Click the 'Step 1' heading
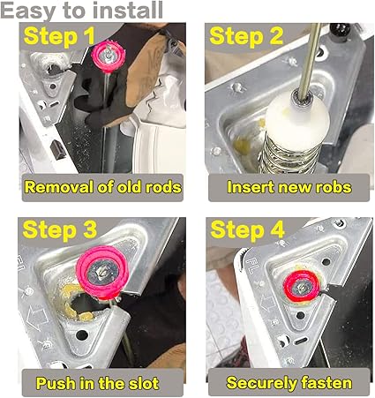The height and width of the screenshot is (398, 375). (59, 37)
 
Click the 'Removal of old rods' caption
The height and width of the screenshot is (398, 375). (102, 186)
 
